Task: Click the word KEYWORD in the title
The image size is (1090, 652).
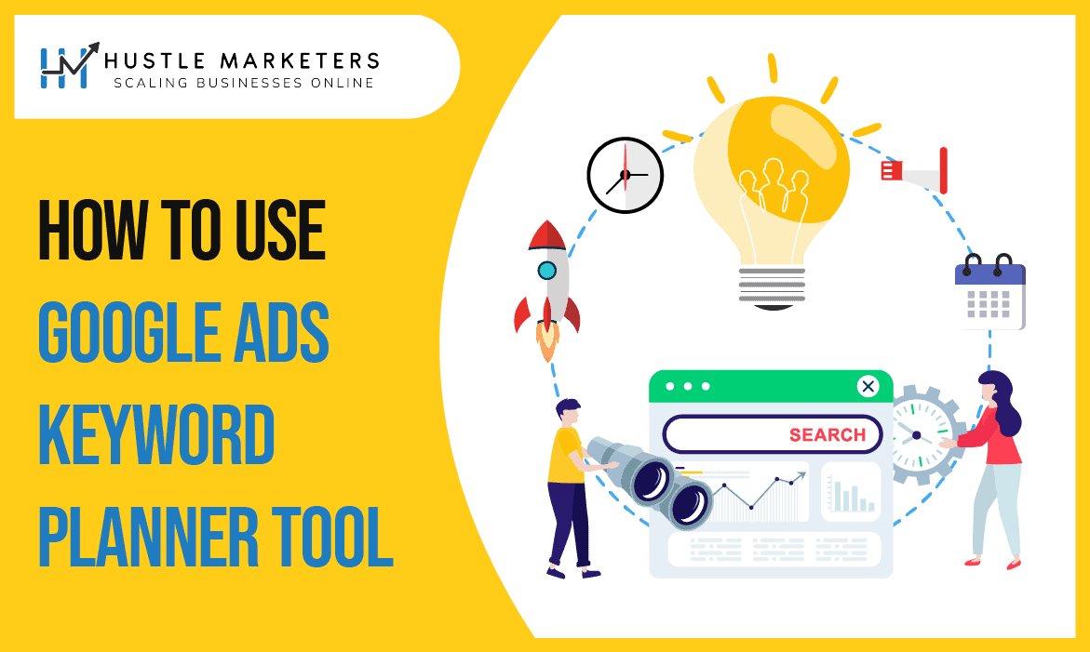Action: click(156, 437)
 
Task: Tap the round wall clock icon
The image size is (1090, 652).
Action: click(625, 175)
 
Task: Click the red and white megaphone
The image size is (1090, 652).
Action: click(916, 171)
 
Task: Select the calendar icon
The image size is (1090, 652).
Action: click(990, 292)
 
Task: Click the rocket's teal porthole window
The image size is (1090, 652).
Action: click(547, 271)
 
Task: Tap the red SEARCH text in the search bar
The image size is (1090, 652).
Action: click(828, 434)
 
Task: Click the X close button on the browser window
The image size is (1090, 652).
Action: click(868, 386)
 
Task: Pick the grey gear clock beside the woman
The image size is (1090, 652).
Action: click(916, 435)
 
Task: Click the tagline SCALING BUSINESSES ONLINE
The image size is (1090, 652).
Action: click(244, 83)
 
